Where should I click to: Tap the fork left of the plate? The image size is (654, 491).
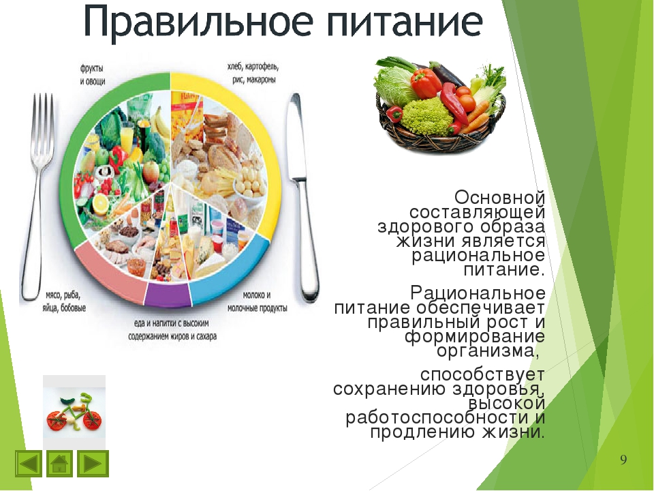click(37, 196)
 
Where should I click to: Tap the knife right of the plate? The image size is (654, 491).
click(304, 197)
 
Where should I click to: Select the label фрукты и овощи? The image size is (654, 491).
click(92, 75)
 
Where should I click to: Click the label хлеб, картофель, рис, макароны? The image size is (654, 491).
click(253, 73)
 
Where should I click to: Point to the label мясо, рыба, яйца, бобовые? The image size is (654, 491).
click(64, 301)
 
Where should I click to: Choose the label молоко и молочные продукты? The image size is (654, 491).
click(257, 301)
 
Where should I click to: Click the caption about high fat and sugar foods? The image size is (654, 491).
click(172, 330)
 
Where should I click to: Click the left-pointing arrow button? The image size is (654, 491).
click(29, 464)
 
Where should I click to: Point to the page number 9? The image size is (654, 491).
click(623, 460)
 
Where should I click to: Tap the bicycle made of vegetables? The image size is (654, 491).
click(74, 413)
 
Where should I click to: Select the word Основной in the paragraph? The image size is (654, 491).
click(499, 197)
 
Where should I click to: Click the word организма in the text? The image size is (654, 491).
click(486, 351)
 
